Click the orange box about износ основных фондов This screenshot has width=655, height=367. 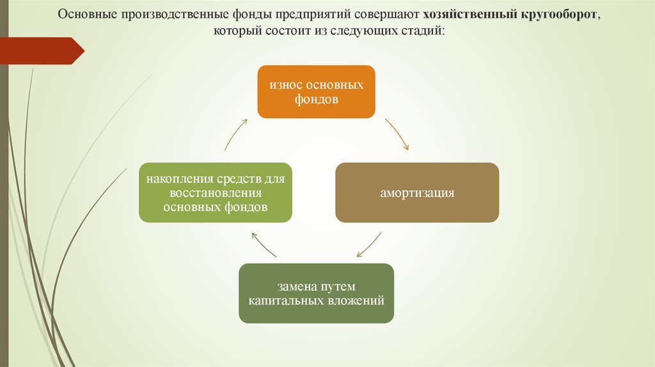coord(316,91)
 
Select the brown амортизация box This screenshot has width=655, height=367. coord(417,192)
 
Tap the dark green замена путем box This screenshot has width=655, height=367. coord(316,293)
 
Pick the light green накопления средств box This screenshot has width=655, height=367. coord(215,192)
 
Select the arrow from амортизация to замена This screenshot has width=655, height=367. coord(370,246)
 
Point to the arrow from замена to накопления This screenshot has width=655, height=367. coord(264,245)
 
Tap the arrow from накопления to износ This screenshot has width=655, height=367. coord(235,134)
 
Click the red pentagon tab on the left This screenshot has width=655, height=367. coord(42,51)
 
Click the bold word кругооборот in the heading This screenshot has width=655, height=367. coord(559,14)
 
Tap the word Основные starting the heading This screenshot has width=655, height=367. coord(88,14)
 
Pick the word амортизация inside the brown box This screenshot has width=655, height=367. coord(417,193)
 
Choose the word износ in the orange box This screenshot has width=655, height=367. coord(286,85)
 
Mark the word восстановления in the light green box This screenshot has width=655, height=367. coord(215,193)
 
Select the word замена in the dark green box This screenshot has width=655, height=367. coord(295,286)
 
